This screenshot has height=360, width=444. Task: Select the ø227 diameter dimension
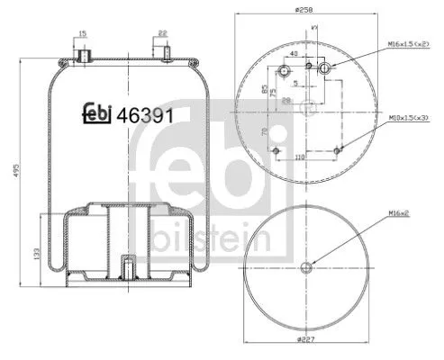(x=307, y=340)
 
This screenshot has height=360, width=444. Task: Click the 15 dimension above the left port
(x=82, y=34)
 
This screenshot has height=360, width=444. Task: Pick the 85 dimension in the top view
(x=264, y=90)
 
